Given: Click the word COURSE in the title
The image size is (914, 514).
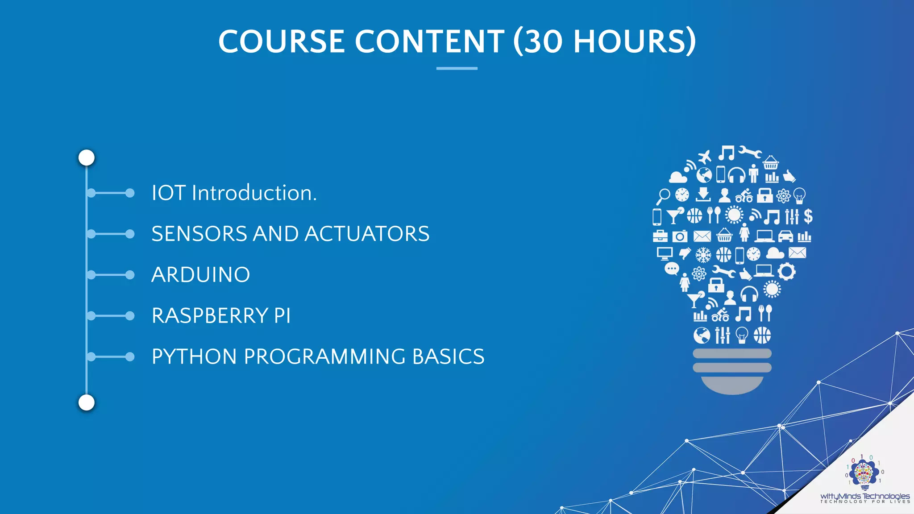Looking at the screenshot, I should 282,41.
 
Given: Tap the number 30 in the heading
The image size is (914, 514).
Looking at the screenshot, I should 543,41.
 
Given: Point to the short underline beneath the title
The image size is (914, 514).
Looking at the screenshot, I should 457,68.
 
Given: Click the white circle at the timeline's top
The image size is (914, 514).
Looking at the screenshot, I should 87,158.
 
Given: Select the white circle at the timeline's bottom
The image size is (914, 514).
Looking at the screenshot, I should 87,402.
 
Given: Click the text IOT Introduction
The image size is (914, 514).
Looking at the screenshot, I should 234,193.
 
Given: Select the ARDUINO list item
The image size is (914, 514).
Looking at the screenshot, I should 200,275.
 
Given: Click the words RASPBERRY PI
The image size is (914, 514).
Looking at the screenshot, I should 221,316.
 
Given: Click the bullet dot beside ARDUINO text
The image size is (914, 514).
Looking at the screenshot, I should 130,275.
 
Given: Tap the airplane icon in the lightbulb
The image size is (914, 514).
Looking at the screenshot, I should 705,157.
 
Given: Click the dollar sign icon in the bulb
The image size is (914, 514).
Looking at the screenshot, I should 808,216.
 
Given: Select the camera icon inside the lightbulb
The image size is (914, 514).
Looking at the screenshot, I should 680,236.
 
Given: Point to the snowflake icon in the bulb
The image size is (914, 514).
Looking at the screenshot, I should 703,255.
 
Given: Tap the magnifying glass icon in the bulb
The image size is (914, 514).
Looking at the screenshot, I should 663,195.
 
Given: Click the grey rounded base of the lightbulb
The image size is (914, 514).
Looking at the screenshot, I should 732,385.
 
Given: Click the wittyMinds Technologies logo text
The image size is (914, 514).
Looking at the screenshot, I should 864,496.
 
